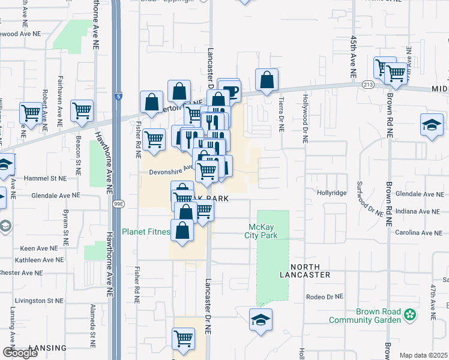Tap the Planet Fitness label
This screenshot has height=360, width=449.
point(146,232)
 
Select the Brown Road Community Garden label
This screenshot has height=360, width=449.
point(378,315)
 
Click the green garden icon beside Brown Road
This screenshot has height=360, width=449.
point(410,314)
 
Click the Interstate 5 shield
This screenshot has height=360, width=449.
point(119,95)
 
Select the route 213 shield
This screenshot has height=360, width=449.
point(369,85)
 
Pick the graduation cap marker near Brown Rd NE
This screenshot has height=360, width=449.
point(432,125)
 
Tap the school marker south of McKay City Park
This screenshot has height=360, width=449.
point(261,320)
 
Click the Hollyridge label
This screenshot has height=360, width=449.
point(332,193)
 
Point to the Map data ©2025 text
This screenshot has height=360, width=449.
point(423,355)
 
